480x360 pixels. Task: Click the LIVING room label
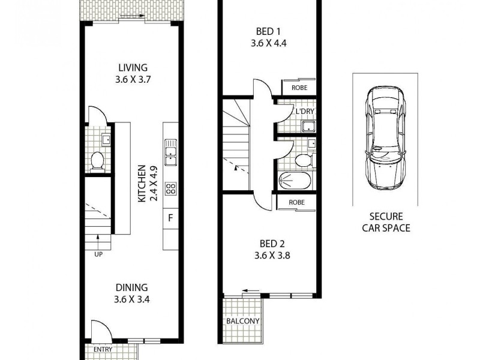pyautogui.click(x=132, y=67)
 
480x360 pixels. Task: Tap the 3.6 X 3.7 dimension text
pyautogui.click(x=132, y=79)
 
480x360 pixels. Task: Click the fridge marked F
pyautogui.click(x=170, y=218)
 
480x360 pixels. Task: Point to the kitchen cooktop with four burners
pyautogui.click(x=170, y=188)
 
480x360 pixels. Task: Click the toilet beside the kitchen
pyautogui.click(x=98, y=160)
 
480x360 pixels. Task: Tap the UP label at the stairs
pyautogui.click(x=98, y=254)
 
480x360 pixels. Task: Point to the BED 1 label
pyautogui.click(x=265, y=32)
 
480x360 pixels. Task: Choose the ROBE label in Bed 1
pyautogui.click(x=299, y=88)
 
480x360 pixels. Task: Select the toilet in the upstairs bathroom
pyautogui.click(x=303, y=160)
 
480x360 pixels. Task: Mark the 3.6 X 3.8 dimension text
pyautogui.click(x=268, y=255)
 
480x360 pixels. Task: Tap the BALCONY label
pyautogui.click(x=243, y=321)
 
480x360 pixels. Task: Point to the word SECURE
pyautogui.click(x=386, y=217)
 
